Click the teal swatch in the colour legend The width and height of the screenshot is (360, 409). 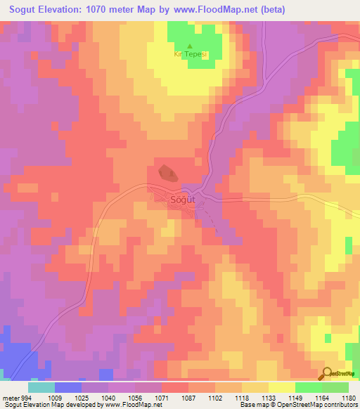[41, 387]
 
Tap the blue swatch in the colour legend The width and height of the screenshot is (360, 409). [68, 387]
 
